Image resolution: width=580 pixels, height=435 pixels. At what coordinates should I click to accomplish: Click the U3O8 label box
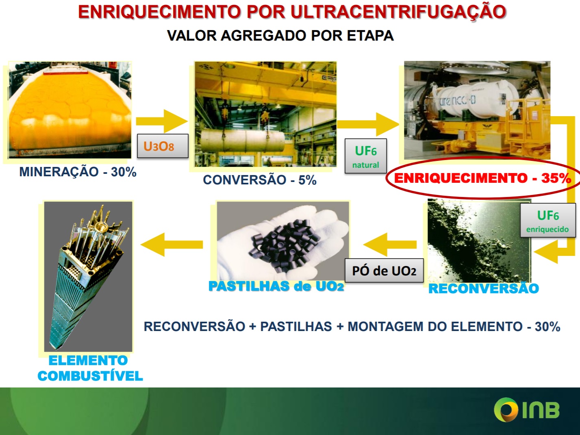click(x=163, y=146)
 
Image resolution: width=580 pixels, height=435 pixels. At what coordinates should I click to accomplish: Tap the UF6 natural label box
click(x=366, y=156)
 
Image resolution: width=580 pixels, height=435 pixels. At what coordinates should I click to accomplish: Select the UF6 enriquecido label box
click(x=548, y=221)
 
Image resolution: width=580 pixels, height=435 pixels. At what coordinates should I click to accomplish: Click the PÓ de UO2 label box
click(x=384, y=271)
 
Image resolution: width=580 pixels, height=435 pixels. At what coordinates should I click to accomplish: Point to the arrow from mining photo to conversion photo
click(x=162, y=121)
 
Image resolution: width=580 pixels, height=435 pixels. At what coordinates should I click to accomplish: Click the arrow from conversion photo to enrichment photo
click(x=368, y=124)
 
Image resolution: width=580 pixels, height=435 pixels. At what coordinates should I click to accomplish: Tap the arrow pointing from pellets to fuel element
click(x=172, y=245)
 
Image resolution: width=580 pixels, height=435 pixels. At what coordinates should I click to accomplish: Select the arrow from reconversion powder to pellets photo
click(x=390, y=245)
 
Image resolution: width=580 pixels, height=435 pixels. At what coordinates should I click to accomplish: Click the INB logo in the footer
click(x=526, y=410)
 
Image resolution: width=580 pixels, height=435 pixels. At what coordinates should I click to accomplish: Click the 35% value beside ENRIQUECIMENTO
click(x=556, y=178)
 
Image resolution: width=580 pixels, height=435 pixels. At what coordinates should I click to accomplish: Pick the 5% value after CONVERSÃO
click(x=307, y=180)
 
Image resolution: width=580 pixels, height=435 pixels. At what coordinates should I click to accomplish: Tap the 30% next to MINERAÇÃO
click(x=124, y=172)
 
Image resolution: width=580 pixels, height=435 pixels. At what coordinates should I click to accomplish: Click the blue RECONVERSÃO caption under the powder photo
click(x=484, y=288)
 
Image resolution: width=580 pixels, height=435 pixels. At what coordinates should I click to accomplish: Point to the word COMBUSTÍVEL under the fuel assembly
click(x=90, y=376)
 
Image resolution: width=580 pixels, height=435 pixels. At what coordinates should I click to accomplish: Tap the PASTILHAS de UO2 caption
click(x=276, y=286)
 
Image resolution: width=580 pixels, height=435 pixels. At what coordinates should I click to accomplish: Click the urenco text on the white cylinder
click(x=457, y=101)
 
